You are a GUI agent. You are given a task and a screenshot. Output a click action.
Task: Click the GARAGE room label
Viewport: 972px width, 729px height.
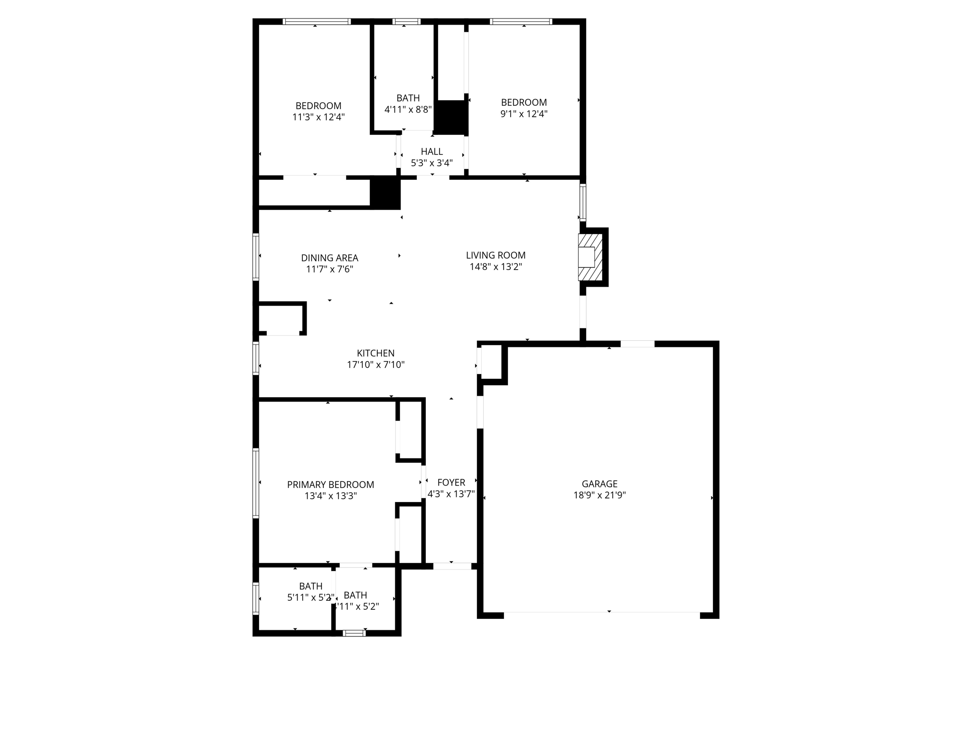[599, 484]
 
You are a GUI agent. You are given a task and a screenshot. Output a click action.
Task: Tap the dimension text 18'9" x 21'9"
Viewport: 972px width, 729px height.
[599, 495]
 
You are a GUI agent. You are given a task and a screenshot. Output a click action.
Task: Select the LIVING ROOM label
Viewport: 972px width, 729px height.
[495, 255]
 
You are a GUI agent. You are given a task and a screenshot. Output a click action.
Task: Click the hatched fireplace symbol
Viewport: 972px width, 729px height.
[590, 257]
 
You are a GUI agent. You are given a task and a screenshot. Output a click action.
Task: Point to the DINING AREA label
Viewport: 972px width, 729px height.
[329, 258]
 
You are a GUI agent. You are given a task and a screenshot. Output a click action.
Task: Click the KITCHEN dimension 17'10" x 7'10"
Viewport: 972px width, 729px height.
[375, 365]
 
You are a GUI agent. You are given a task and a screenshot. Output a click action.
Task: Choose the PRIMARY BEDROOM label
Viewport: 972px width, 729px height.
[330, 485]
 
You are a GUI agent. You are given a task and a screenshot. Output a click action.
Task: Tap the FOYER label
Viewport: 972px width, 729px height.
[451, 483]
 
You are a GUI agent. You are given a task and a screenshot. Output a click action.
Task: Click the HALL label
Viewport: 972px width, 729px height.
[431, 151]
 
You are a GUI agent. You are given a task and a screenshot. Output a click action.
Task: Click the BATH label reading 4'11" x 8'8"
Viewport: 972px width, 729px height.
[408, 98]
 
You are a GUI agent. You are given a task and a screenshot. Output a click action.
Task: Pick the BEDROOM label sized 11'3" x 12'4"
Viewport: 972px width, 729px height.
[318, 106]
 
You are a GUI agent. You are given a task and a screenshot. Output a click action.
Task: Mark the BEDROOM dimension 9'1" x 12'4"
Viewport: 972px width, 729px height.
[524, 114]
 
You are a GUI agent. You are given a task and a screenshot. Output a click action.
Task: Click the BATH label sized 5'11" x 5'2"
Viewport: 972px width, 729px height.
[310, 586]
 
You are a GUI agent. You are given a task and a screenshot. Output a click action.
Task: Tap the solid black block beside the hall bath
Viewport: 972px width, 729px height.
[451, 117]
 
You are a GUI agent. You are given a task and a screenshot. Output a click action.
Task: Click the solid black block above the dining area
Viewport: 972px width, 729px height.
[385, 192]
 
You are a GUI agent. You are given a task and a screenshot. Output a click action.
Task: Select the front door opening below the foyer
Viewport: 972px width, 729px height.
[452, 566]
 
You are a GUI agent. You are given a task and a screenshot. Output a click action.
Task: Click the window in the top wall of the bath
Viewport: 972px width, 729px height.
[406, 21]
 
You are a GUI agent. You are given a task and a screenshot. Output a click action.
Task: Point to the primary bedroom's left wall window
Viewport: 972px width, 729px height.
[256, 483]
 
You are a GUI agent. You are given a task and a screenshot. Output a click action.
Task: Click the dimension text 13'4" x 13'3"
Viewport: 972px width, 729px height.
[330, 496]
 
